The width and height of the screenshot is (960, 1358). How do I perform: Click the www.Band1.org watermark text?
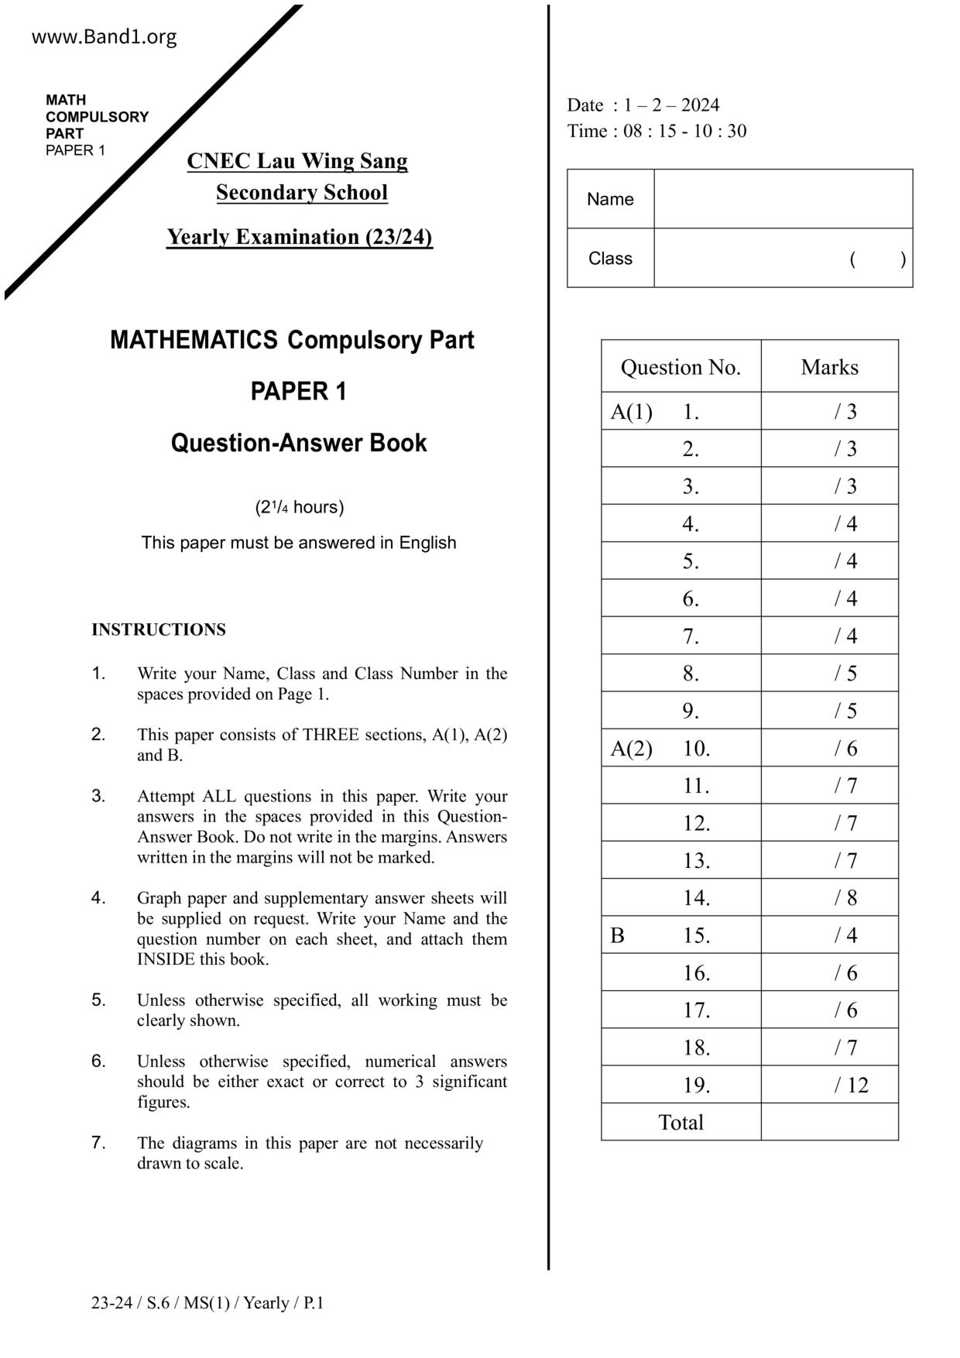pyautogui.click(x=104, y=37)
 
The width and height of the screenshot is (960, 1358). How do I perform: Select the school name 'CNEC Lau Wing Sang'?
pyautogui.click(x=297, y=161)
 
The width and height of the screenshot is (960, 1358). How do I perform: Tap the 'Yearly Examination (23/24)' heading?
pyautogui.click(x=300, y=237)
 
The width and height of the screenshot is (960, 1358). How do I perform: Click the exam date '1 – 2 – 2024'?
pyautogui.click(x=671, y=105)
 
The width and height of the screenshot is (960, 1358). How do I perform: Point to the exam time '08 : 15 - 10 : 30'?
pyautogui.click(x=684, y=131)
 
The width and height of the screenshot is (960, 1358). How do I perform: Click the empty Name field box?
pyautogui.click(x=783, y=199)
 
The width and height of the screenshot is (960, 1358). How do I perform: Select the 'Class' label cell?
pyautogui.click(x=610, y=259)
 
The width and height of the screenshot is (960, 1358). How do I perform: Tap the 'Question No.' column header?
pyautogui.click(x=681, y=367)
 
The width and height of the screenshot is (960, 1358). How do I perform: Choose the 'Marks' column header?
pyautogui.click(x=829, y=367)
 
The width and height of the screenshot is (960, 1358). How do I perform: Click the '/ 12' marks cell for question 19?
pyautogui.click(x=851, y=1085)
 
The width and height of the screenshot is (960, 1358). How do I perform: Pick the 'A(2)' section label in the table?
pyautogui.click(x=631, y=749)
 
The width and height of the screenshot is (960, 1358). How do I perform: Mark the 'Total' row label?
pyautogui.click(x=681, y=1123)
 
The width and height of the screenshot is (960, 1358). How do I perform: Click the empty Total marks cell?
pyautogui.click(x=829, y=1123)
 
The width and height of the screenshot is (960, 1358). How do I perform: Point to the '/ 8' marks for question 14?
pyautogui.click(x=845, y=898)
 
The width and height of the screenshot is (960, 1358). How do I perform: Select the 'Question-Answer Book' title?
pyautogui.click(x=299, y=443)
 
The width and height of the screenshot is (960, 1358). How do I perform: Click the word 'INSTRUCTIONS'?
pyautogui.click(x=159, y=629)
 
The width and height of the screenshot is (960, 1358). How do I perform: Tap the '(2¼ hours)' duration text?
pyautogui.click(x=300, y=507)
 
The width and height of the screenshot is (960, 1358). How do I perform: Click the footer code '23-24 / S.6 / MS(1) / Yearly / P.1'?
pyautogui.click(x=207, y=1303)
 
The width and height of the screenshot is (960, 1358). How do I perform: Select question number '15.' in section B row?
pyautogui.click(x=696, y=935)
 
